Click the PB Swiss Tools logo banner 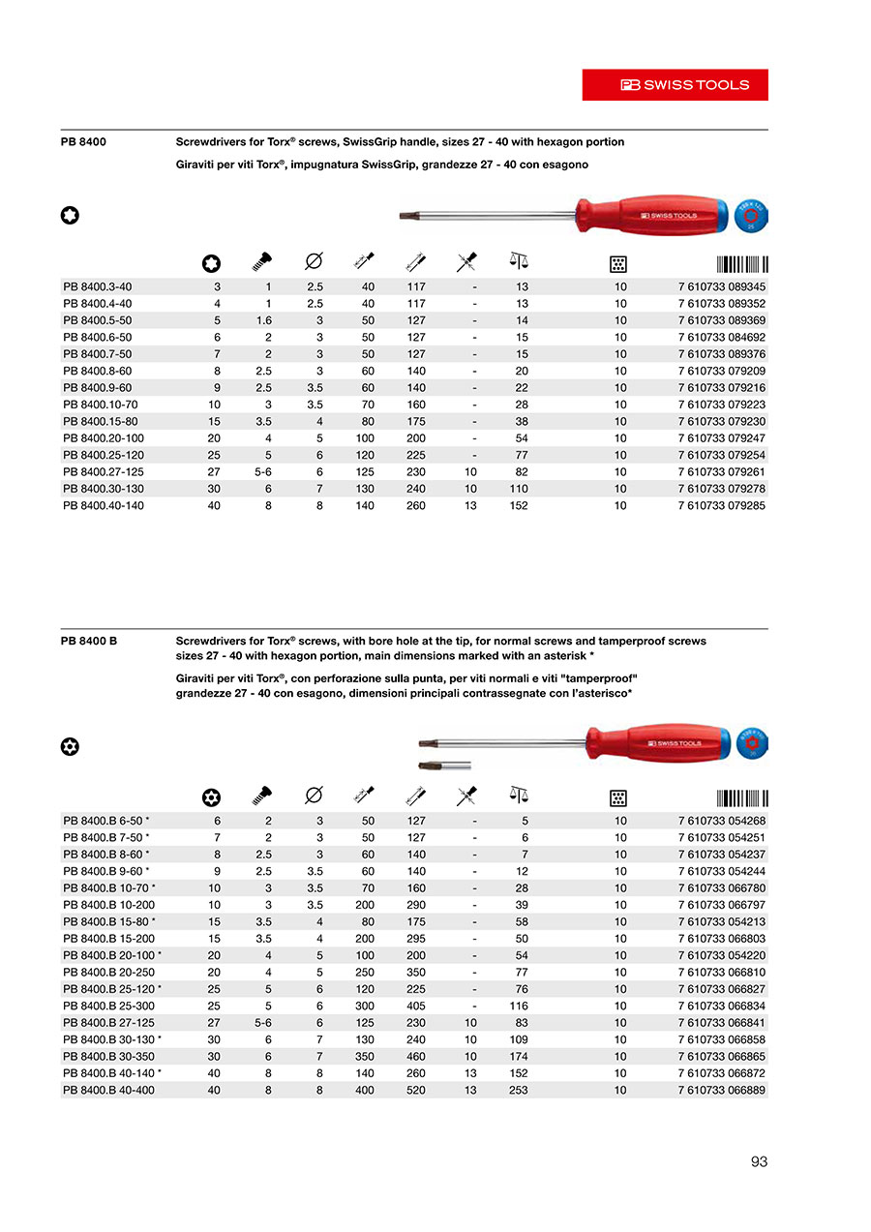[675, 85]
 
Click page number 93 [759, 1161]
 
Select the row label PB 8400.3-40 [97, 286]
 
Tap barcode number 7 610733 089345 [722, 286]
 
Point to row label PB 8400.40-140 [103, 505]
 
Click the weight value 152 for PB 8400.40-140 [519, 505]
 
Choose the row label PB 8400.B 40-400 [108, 1090]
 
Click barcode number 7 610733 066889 [722, 1090]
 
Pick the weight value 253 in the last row [519, 1090]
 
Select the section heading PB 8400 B [89, 641]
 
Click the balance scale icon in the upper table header [519, 260]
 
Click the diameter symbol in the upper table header [314, 261]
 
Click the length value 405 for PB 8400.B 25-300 [416, 1006]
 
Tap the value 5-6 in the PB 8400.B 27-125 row [262, 1023]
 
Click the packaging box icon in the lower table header [619, 797]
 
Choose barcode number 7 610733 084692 [722, 337]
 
